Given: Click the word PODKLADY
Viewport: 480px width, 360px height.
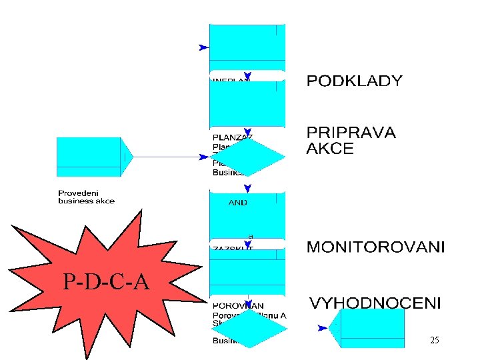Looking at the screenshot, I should coord(354,81).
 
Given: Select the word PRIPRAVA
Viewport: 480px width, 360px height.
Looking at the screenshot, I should coord(351,133).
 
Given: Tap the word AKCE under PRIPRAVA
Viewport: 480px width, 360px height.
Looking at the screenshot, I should coord(329,149).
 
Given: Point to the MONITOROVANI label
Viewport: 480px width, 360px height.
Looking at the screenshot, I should coord(375,248).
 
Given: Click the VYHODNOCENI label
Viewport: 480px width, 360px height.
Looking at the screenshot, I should coord(375,303).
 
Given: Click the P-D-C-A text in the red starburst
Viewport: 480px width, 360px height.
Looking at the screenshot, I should coord(106,283).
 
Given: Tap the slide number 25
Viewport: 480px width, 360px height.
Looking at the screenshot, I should coord(435,341).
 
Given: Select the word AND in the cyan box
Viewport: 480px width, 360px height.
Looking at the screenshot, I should coord(237,203).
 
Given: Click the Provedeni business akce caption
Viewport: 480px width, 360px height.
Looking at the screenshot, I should coord(87,197).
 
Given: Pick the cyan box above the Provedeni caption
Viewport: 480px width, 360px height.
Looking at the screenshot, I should coord(89,157).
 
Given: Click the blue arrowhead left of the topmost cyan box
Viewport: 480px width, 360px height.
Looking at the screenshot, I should coord(203,48).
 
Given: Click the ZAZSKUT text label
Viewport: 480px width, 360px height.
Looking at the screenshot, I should coord(233,247).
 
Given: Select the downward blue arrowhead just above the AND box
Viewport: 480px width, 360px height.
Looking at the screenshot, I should coord(247,189).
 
